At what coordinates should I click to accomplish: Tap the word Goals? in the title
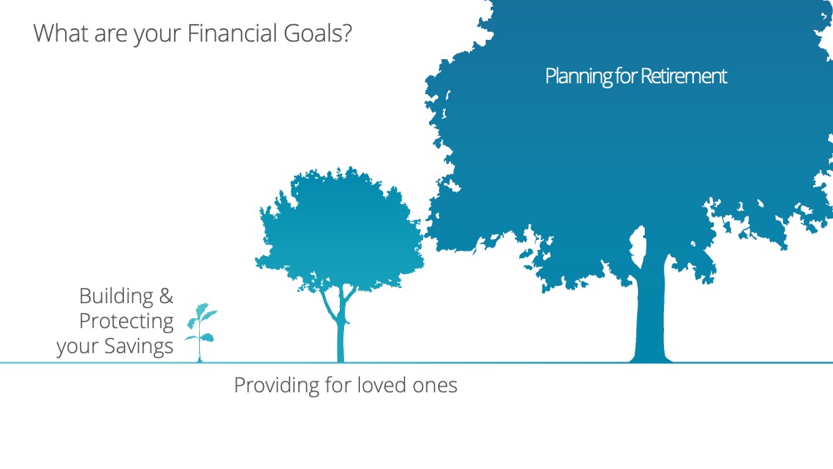(317, 33)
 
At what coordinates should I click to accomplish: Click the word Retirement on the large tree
(683, 76)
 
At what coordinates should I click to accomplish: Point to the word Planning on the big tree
(579, 77)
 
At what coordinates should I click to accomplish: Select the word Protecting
(127, 322)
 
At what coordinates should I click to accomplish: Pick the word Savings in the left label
(138, 346)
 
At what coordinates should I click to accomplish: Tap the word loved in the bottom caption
(382, 385)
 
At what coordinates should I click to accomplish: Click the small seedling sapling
(201, 332)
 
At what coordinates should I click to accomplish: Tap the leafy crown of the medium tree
(340, 228)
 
